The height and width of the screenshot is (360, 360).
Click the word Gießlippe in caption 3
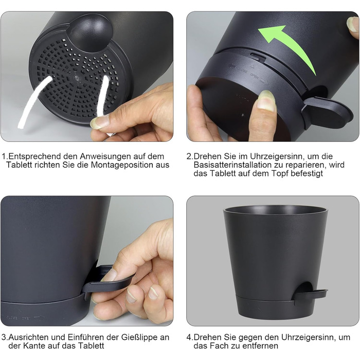[x=140, y=337]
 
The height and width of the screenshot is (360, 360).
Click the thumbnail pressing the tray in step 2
[x=266, y=99]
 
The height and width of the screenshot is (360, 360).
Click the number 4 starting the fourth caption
[x=189, y=337]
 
